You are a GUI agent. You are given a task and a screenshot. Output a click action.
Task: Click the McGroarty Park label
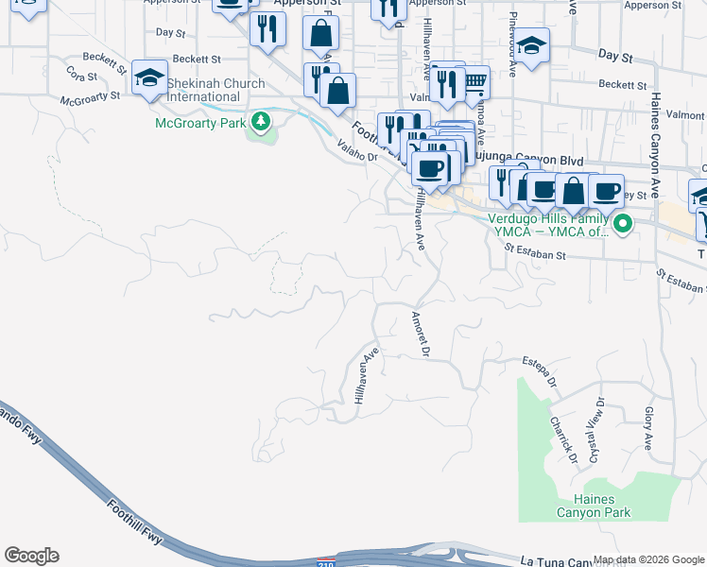tap(199, 123)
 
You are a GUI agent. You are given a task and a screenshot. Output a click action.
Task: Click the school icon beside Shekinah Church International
tap(148, 77)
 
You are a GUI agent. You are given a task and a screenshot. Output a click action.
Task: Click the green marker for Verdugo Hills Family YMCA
tap(622, 225)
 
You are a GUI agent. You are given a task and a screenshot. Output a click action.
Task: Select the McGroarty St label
tap(90, 97)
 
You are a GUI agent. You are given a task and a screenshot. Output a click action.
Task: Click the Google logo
tap(31, 556)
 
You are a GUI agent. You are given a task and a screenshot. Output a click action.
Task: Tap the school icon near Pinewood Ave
tap(532, 46)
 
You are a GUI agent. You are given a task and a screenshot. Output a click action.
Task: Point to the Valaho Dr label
tap(356, 152)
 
